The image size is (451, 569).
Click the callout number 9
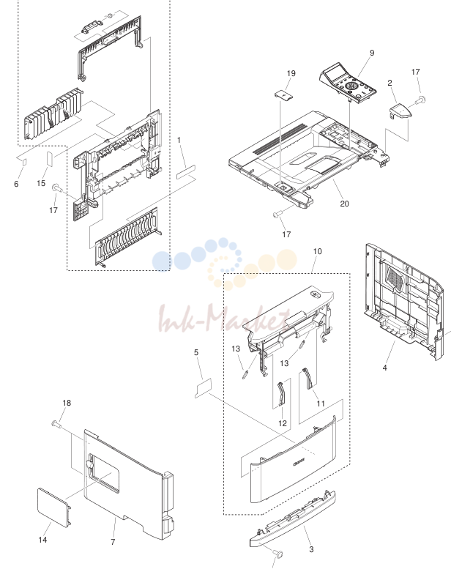click(372, 53)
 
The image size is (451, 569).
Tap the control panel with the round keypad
click(347, 83)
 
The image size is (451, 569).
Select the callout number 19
click(291, 73)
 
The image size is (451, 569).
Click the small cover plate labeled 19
click(283, 94)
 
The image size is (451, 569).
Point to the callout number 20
click(344, 204)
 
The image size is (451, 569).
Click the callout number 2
click(389, 83)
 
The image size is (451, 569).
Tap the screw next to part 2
click(420, 100)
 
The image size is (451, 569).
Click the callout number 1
click(179, 140)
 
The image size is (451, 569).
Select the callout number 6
click(16, 184)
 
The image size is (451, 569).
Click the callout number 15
click(41, 183)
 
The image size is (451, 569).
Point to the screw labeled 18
click(56, 423)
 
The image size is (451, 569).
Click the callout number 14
click(42, 540)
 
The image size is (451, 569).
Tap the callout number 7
click(113, 542)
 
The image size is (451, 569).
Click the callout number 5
click(196, 352)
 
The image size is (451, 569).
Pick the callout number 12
click(283, 423)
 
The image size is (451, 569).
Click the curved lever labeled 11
click(308, 378)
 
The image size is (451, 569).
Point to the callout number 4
click(384, 368)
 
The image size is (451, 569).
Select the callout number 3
click(311, 549)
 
